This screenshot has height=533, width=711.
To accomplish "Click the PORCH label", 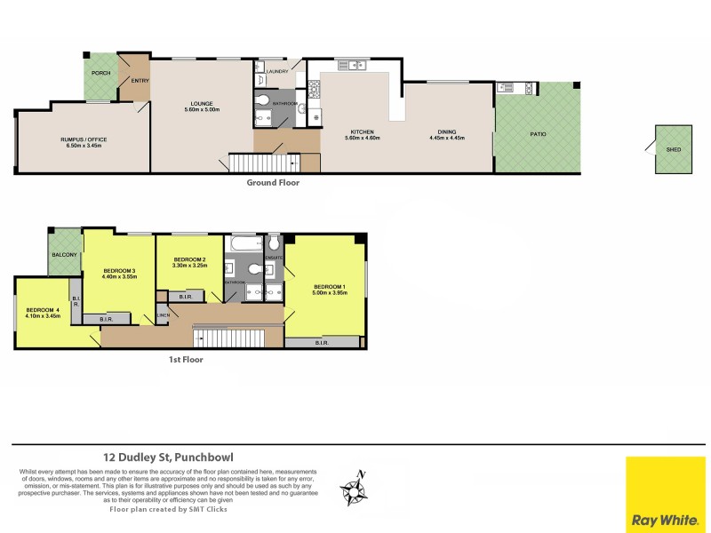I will tap(100, 73).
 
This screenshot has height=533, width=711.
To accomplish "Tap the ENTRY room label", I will tap(140, 81).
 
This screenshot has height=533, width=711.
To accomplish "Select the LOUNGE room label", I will tap(201, 103).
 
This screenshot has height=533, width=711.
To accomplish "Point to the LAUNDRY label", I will tap(276, 72).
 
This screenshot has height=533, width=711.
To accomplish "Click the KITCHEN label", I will tap(361, 131).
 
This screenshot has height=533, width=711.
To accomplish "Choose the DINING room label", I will tap(447, 131).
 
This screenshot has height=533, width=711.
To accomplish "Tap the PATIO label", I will tap(539, 134).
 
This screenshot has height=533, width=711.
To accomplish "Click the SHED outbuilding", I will tap(673, 149).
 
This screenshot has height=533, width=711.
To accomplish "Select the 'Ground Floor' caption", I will tap(273, 183).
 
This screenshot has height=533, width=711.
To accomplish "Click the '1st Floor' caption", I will tap(186, 360).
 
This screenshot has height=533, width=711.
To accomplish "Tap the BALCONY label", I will tap(64, 255).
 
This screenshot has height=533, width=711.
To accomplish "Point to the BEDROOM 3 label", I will tap(119, 270).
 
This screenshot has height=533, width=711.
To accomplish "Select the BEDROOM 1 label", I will tap(328, 285).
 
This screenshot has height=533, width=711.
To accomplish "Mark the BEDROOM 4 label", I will tap(43, 310).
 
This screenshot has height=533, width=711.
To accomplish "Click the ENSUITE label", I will tap(274, 258).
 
